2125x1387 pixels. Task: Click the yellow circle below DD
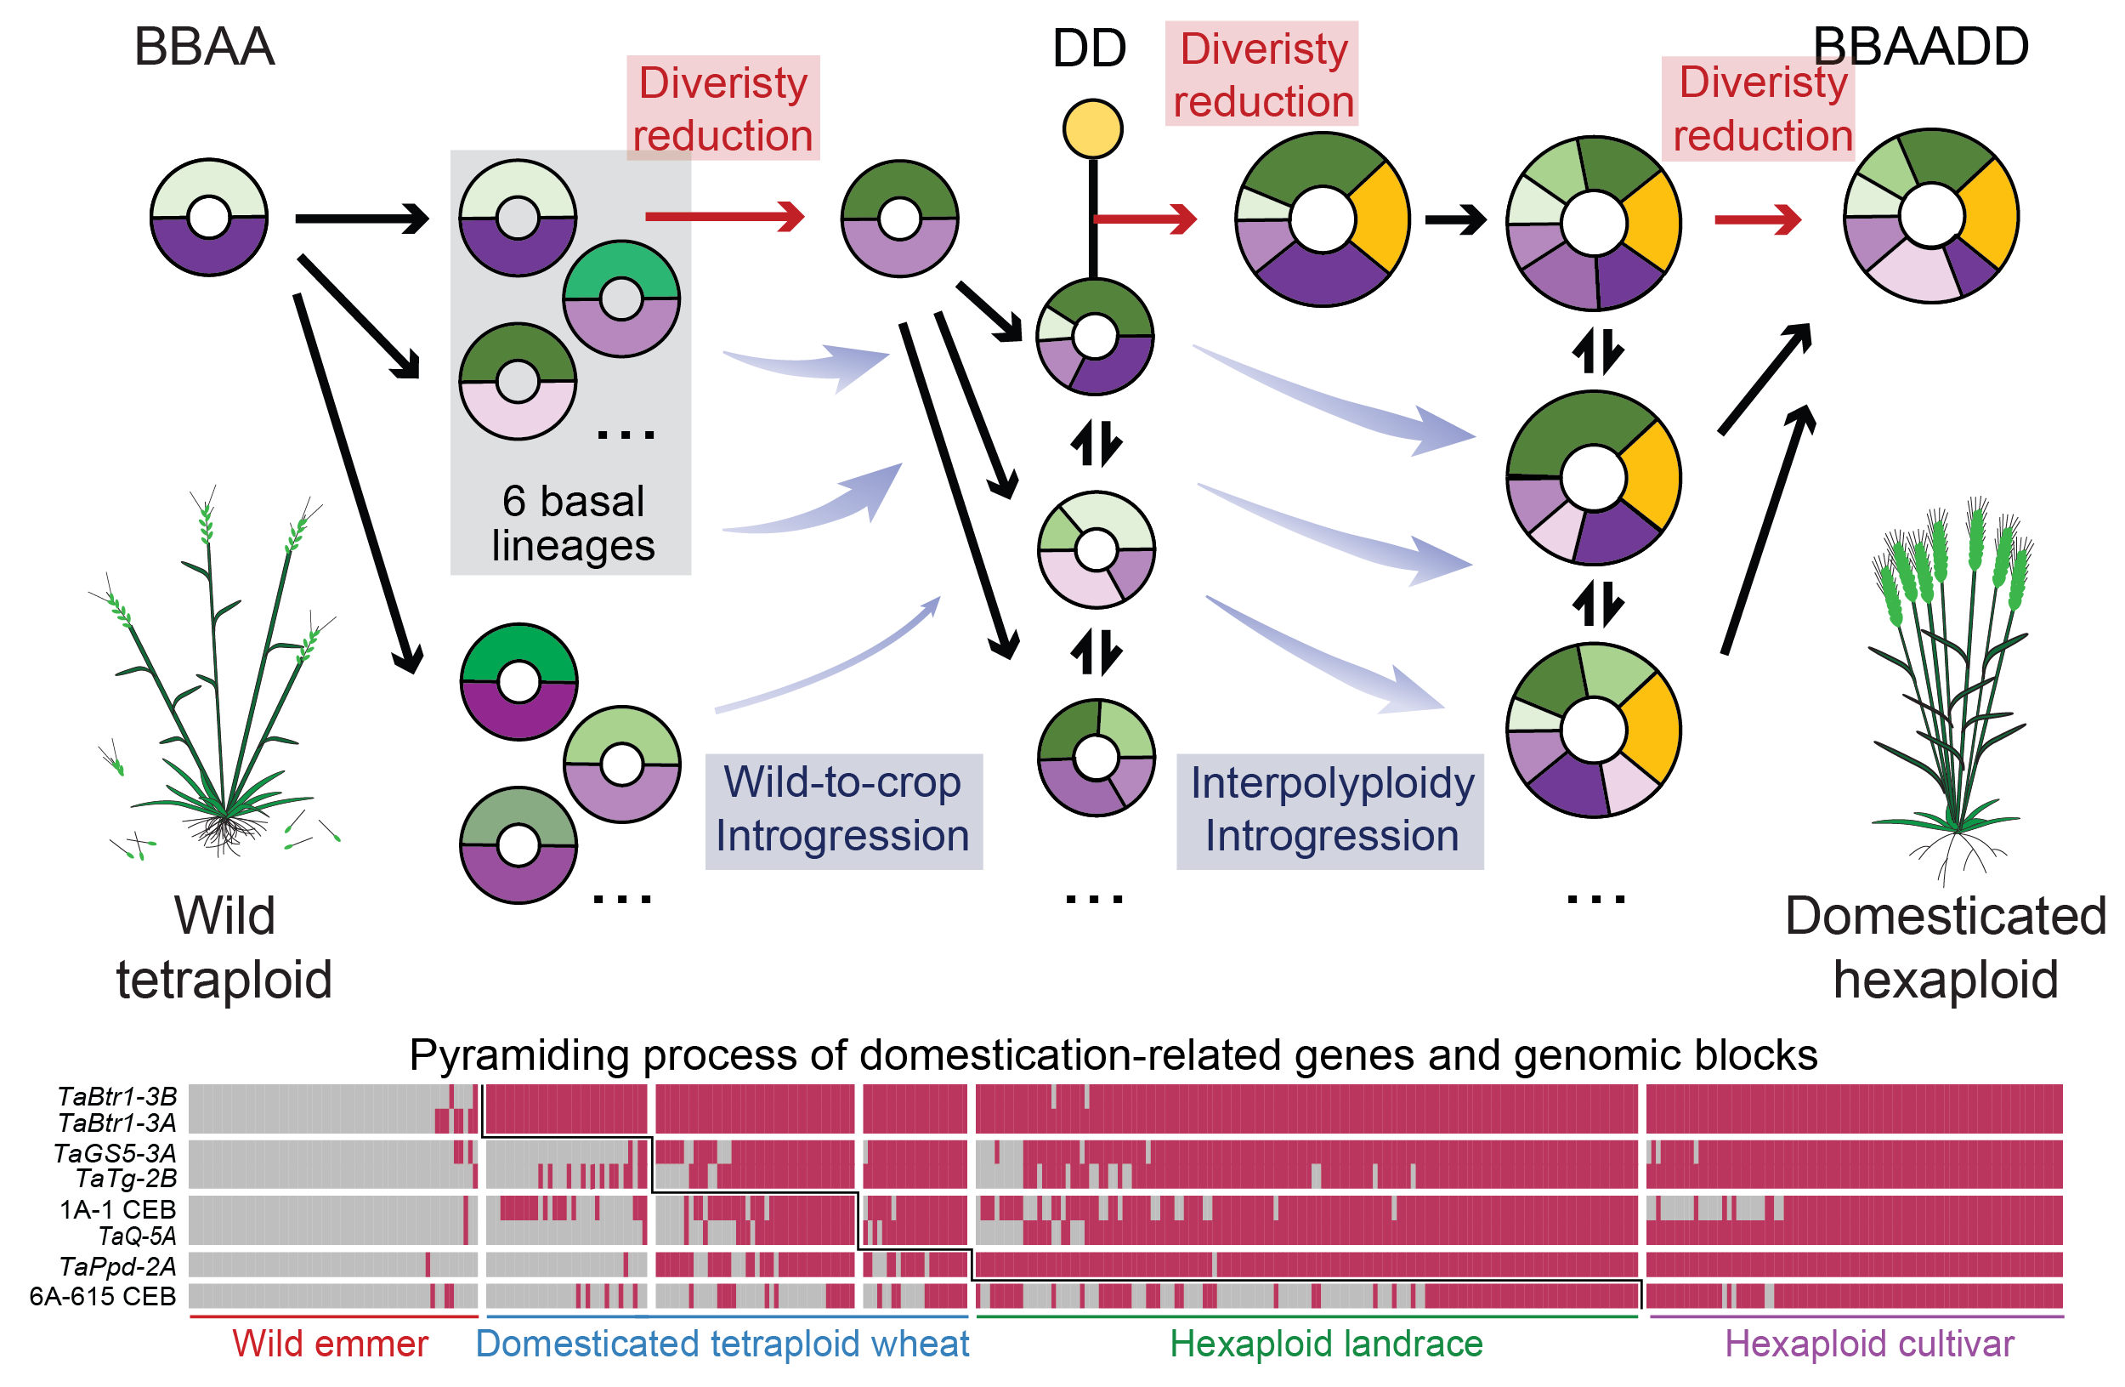coord(1093,129)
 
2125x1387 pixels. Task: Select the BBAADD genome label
coord(1920,47)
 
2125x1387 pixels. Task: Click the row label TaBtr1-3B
coord(117,1096)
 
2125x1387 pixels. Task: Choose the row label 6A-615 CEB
coord(103,1296)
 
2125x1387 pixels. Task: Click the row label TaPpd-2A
coord(117,1265)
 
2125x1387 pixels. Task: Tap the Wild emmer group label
coord(330,1344)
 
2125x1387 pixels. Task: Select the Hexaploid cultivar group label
coord(1869,1344)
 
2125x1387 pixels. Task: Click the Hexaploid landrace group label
coord(1326,1344)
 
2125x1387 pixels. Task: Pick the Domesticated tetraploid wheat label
coord(722,1344)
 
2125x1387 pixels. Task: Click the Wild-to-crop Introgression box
coord(843,810)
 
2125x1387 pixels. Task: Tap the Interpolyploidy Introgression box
coord(1330,810)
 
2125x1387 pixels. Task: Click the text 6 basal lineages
coord(572,523)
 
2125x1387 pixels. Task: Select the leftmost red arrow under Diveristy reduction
coord(724,216)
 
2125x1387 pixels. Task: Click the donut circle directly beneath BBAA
coord(209,217)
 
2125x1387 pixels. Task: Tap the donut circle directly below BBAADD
coord(1931,215)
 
